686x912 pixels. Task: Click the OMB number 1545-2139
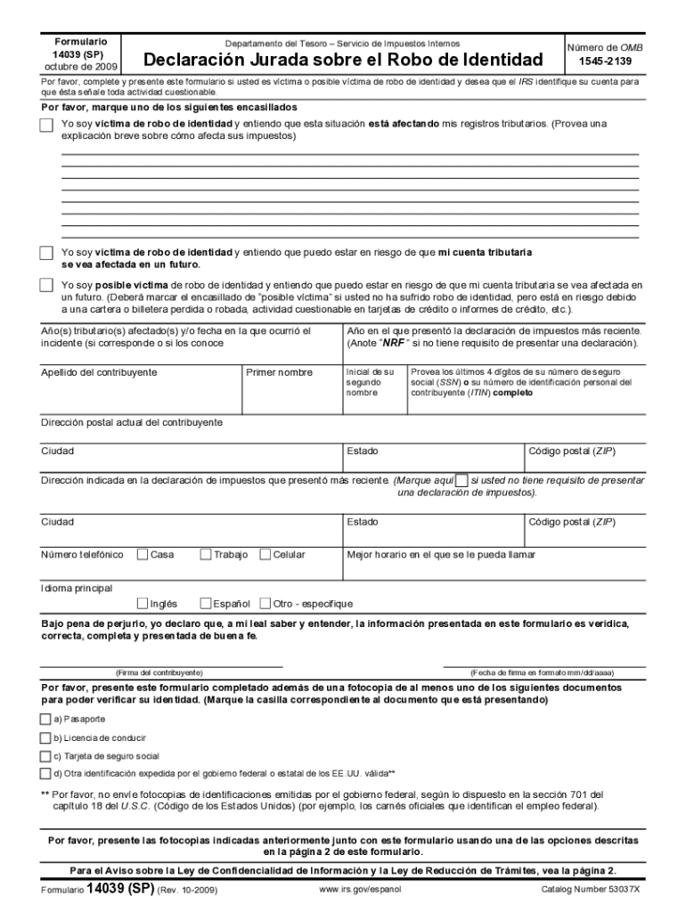coord(610,61)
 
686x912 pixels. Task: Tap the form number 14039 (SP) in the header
coord(81,53)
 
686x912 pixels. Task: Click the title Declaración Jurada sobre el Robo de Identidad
coord(343,61)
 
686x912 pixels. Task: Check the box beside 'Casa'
coord(143,555)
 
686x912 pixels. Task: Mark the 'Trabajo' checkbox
coord(206,555)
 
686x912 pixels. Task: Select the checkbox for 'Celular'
coord(265,555)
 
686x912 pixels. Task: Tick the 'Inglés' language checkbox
coord(143,603)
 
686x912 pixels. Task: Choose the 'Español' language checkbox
coord(206,603)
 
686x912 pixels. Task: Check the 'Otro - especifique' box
coord(265,603)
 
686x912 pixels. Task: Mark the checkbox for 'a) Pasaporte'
coord(45,719)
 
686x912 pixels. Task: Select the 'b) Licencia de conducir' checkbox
coord(45,737)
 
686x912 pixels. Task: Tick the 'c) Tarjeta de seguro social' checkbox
coord(45,755)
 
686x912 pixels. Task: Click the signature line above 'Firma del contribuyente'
coord(161,664)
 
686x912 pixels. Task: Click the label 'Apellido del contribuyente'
coord(99,372)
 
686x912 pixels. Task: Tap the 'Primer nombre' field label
coord(280,372)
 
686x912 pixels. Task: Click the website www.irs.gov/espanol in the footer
coord(360,890)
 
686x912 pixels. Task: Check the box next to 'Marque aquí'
coord(461,480)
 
